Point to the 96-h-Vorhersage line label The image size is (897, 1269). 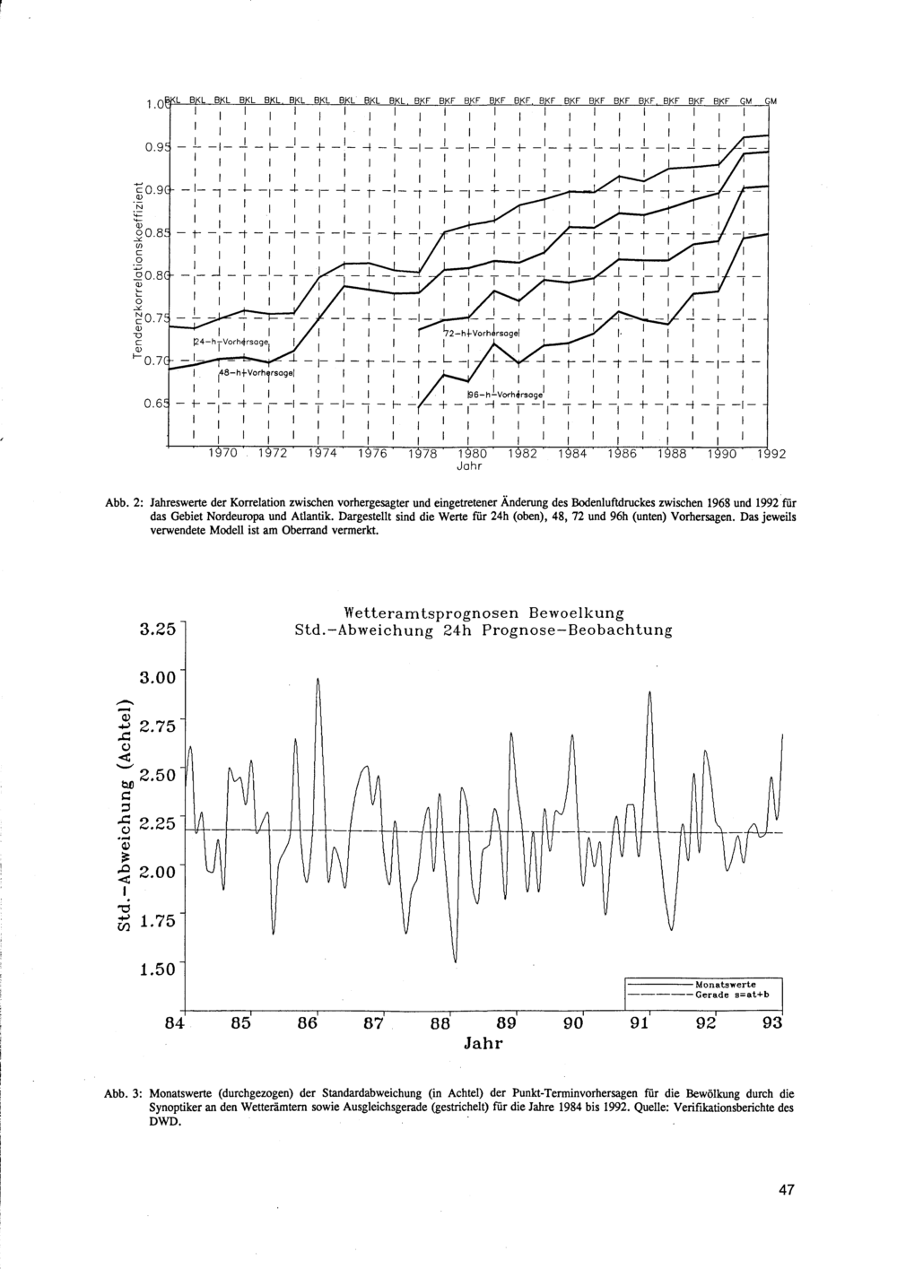(x=505, y=394)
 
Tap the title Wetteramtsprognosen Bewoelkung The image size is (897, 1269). (x=483, y=613)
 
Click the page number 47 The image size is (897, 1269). (x=786, y=1191)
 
